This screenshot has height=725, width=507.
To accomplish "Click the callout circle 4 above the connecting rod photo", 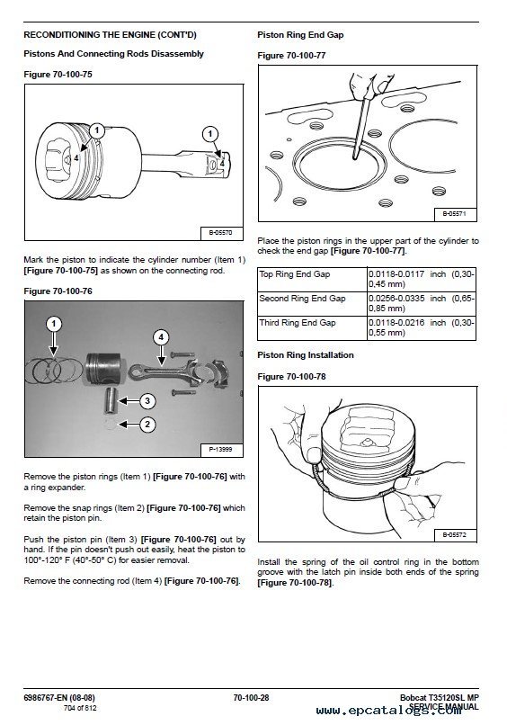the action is [x=161, y=337].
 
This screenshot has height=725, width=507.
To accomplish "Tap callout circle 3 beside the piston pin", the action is [x=147, y=400].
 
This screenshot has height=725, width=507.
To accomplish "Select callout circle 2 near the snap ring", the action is [x=147, y=425].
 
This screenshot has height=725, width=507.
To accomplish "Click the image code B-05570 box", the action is [x=222, y=233].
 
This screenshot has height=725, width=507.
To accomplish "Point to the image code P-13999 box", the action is [x=222, y=449].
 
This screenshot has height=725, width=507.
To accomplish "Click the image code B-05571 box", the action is [x=455, y=214].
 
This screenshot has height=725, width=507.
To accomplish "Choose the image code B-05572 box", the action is [x=455, y=535].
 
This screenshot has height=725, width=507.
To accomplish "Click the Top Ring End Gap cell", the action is [x=313, y=279].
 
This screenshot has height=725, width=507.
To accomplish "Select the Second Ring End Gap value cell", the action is [x=422, y=303].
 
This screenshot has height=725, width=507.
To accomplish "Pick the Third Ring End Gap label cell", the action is [x=313, y=327].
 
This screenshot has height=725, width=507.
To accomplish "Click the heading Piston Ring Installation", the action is [x=306, y=355].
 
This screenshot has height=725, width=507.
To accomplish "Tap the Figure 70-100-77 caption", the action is [x=291, y=56].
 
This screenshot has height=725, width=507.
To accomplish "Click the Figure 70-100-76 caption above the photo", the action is [x=58, y=291].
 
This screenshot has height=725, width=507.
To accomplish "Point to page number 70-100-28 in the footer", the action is [x=251, y=698].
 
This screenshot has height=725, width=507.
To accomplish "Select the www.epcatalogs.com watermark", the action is [x=388, y=711].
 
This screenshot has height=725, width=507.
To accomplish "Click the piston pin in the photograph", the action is [x=111, y=401].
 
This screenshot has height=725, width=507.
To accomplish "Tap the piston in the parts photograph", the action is [x=103, y=369].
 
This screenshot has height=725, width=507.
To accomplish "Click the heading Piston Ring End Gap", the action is [x=300, y=35].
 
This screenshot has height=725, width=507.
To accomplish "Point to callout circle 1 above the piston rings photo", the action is [x=54, y=324].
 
